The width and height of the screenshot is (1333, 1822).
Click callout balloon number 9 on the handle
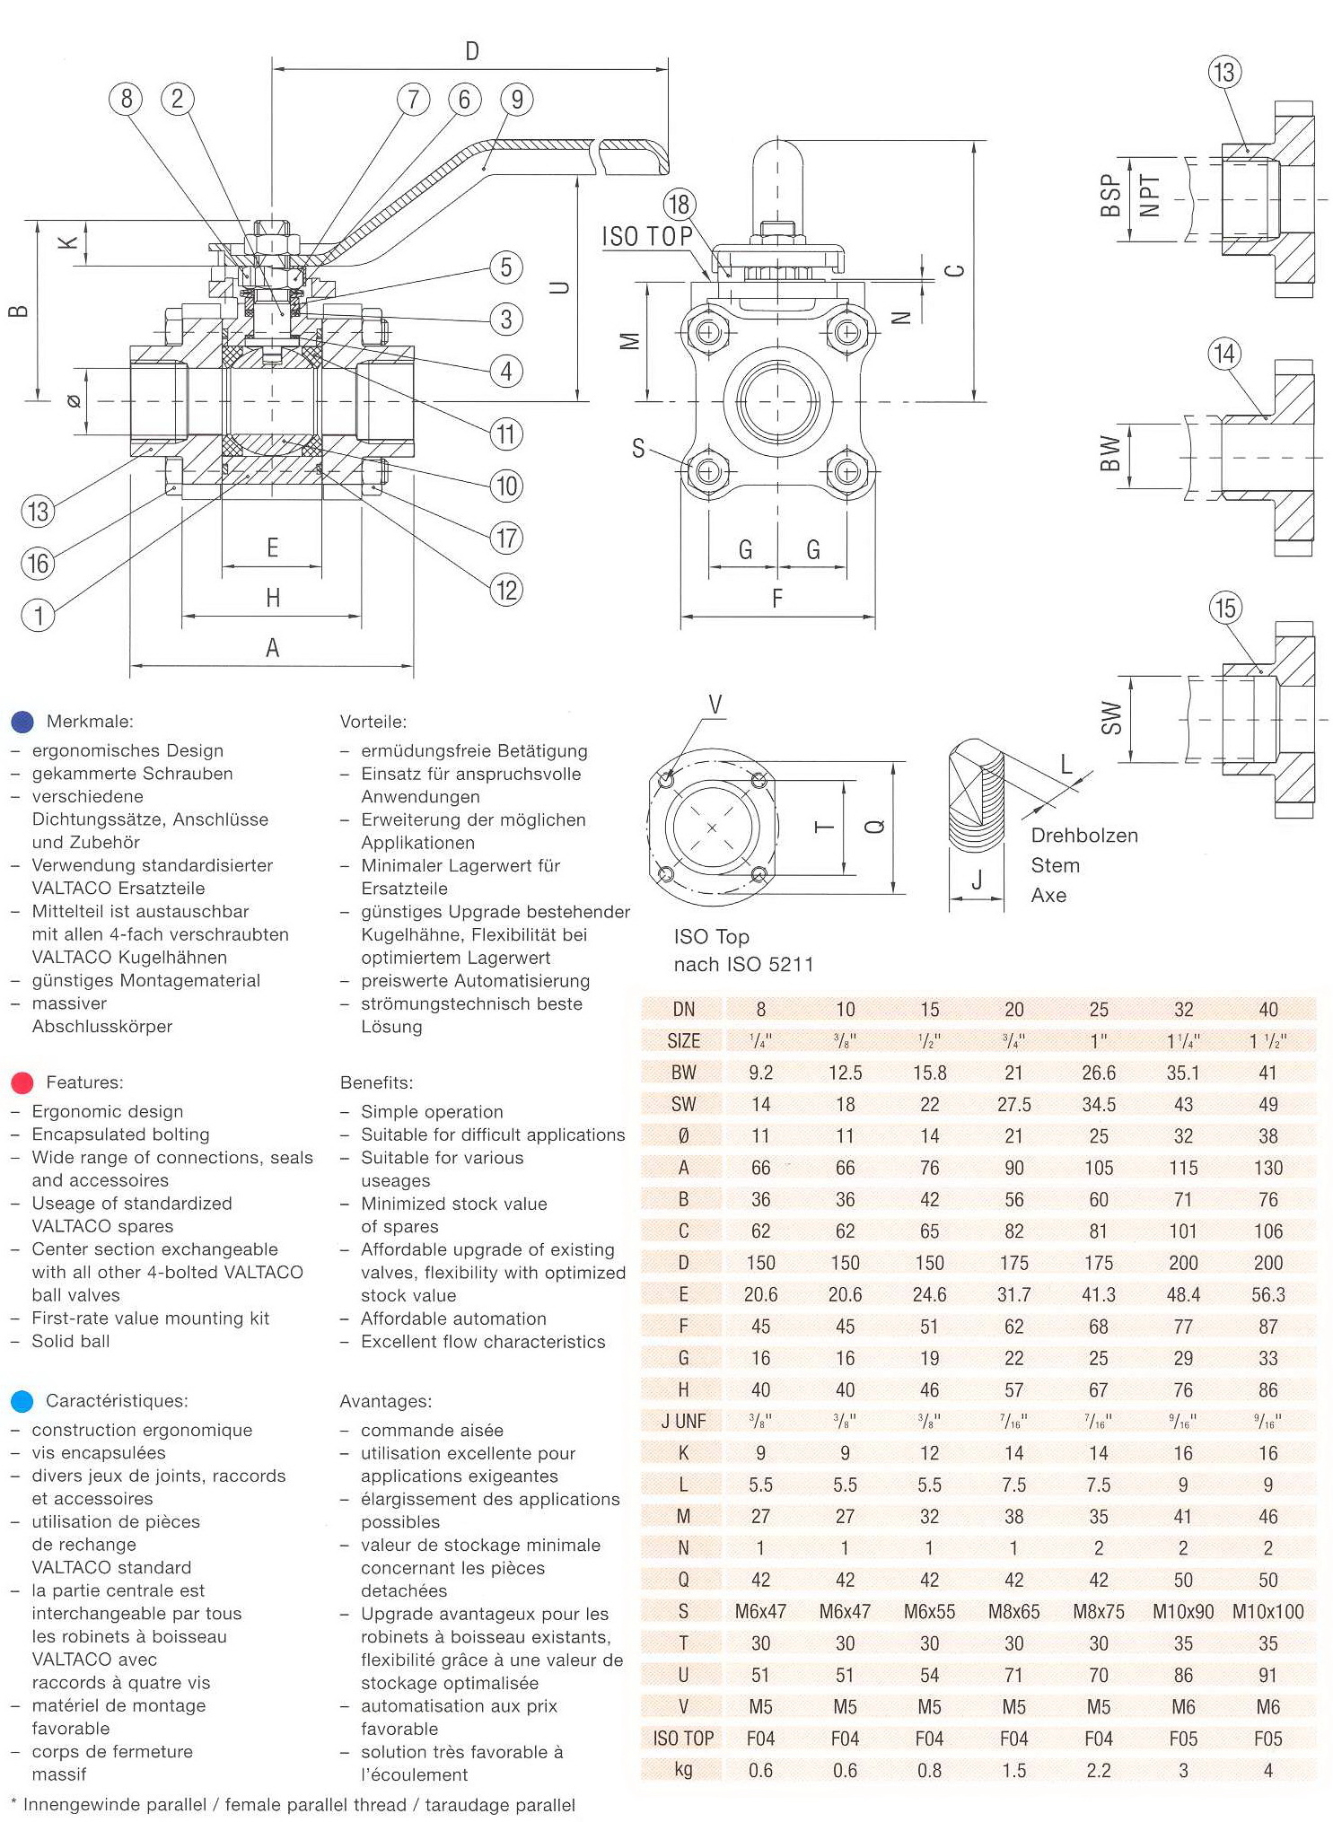516,99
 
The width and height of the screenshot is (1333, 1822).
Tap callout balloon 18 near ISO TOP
679,204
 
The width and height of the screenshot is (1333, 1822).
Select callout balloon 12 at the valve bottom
506,590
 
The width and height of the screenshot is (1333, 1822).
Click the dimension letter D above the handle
472,52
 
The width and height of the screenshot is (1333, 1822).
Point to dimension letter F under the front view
777,598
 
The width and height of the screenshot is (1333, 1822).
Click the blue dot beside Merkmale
22,722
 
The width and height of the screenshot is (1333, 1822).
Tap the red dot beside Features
22,1082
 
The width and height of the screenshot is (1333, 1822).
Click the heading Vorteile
373,722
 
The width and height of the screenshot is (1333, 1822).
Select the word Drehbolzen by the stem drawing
1084,836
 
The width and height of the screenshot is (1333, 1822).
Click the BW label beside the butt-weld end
1110,453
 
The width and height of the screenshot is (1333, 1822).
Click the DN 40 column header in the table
1267,1010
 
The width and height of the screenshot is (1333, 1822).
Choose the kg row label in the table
683,1770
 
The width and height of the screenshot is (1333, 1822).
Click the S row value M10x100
1267,1611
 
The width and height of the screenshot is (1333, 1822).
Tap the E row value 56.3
1267,1294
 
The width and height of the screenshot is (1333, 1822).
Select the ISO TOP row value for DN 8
760,1739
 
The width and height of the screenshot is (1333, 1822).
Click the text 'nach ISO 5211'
743,965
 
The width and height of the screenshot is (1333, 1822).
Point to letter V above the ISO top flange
715,705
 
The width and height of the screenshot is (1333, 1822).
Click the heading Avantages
385,1401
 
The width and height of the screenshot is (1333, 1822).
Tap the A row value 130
1267,1168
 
